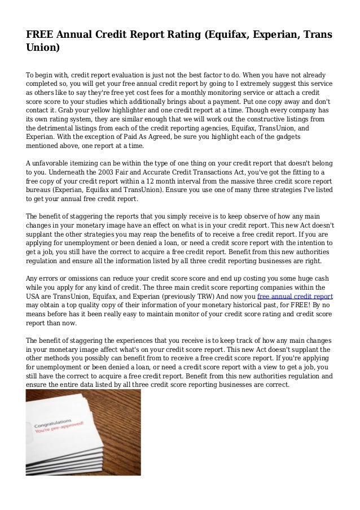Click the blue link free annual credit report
coord(295,296)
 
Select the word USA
coord(34,296)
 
